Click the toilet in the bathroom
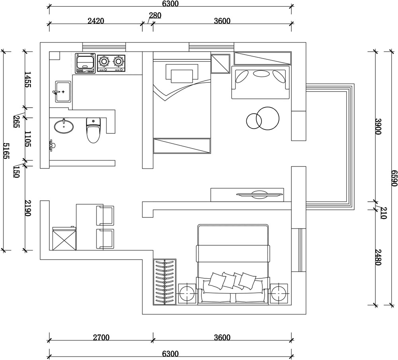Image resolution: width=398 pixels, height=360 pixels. point(93,130)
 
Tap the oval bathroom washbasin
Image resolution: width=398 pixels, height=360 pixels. point(64,126)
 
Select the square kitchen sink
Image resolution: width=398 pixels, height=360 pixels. point(63,92)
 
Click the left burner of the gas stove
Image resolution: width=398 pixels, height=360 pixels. point(104,61)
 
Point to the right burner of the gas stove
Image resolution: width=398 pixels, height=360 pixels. point(118,61)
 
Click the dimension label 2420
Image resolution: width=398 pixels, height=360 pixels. point(96,21)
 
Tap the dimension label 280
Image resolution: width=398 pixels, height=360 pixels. point(155,16)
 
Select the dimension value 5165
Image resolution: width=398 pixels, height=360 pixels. point(6,151)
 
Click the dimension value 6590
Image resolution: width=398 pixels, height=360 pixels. point(394,178)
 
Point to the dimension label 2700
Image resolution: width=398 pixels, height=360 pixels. point(101,337)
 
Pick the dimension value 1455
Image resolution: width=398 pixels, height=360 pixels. point(28,80)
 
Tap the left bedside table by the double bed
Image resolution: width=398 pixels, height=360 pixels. point(187,293)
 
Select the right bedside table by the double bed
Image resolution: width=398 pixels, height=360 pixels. point(279,293)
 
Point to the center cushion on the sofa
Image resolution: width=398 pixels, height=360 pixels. point(261,74)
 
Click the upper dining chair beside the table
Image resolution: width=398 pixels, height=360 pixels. point(105,215)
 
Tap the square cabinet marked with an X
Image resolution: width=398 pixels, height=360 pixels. point(64,239)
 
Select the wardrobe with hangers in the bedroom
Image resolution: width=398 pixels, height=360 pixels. point(164,282)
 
